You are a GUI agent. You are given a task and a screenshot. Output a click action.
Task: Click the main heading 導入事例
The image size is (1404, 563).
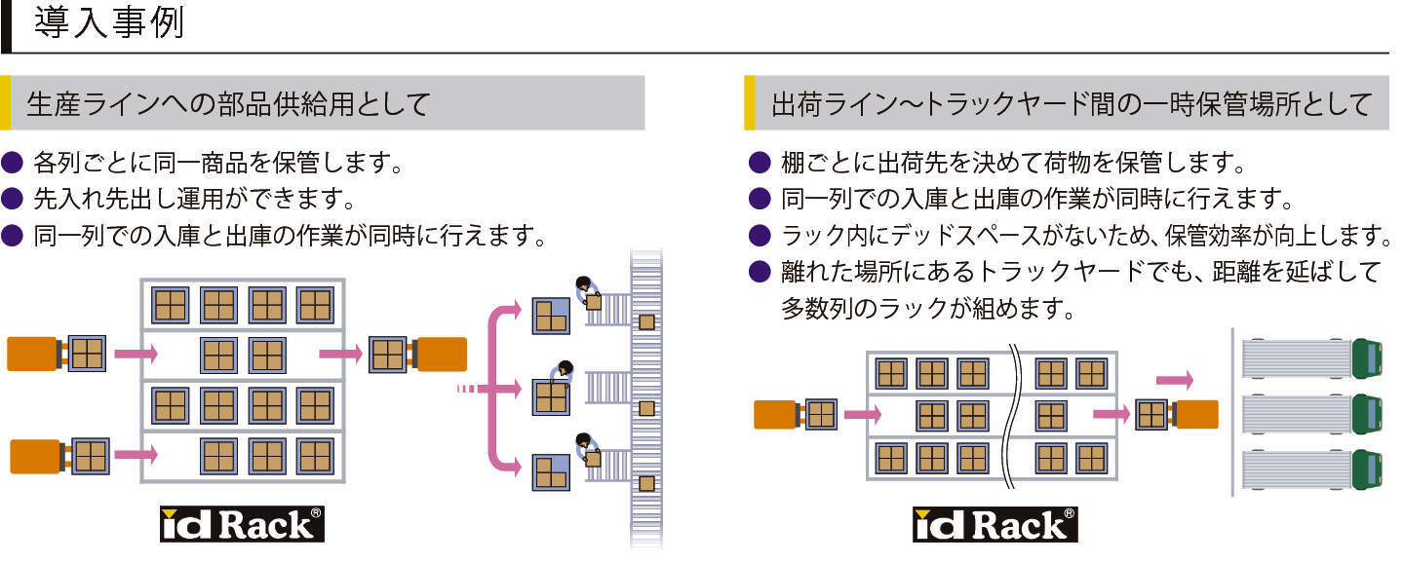[108, 23]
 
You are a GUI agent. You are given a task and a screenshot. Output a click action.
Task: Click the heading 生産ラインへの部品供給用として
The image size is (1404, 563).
[228, 103]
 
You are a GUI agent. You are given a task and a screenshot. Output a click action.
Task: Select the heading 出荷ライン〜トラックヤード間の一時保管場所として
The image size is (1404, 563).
[1072, 103]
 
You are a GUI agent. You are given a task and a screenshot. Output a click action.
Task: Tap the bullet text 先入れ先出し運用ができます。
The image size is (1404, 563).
[193, 200]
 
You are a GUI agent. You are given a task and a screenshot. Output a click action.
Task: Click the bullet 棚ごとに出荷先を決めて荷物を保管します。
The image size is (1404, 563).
[1014, 162]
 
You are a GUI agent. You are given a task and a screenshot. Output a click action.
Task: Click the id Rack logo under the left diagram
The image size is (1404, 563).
[242, 524]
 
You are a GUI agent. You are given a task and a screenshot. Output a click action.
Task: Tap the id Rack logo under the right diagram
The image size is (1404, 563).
[995, 525]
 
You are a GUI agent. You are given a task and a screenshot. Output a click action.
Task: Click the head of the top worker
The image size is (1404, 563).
[583, 284]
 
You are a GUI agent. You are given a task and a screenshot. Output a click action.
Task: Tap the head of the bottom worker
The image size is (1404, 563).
[583, 440]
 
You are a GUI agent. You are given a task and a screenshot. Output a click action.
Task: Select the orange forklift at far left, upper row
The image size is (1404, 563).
[32, 354]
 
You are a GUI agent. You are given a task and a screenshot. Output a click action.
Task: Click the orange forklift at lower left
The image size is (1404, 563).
[35, 456]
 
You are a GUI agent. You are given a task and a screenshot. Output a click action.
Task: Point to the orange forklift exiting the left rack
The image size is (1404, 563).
[442, 355]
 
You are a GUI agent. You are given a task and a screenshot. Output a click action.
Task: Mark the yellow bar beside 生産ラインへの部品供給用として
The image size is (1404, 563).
[5, 103]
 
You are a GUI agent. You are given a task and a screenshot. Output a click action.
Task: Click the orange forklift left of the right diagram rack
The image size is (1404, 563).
[776, 415]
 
